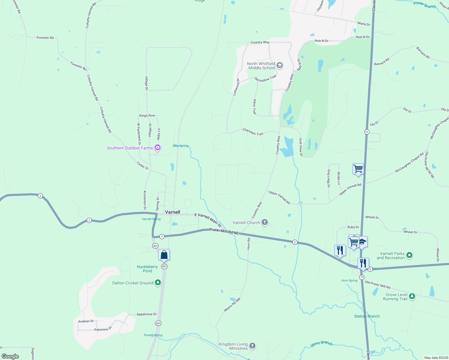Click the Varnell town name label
pos(173,212)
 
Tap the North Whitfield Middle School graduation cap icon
pos(280,65)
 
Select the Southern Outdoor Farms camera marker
pos(158,148)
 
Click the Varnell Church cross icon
pos(264,222)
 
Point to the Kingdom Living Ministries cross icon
pos(252,346)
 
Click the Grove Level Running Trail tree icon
pos(412,296)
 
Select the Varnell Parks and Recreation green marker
pos(409,255)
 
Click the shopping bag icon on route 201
pos(164,255)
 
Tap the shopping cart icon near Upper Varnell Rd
pos(358,169)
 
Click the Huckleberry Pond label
pos(147,269)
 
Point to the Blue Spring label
pos(180,146)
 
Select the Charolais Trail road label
pos(253,132)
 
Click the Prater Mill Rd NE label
pos(224,231)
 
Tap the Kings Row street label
pos(147,115)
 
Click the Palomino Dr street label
pos(103,329)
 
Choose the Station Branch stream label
pos(367,316)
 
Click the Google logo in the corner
pos(10,356)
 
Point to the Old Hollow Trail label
pos(265,79)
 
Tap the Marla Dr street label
pos(364,24)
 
